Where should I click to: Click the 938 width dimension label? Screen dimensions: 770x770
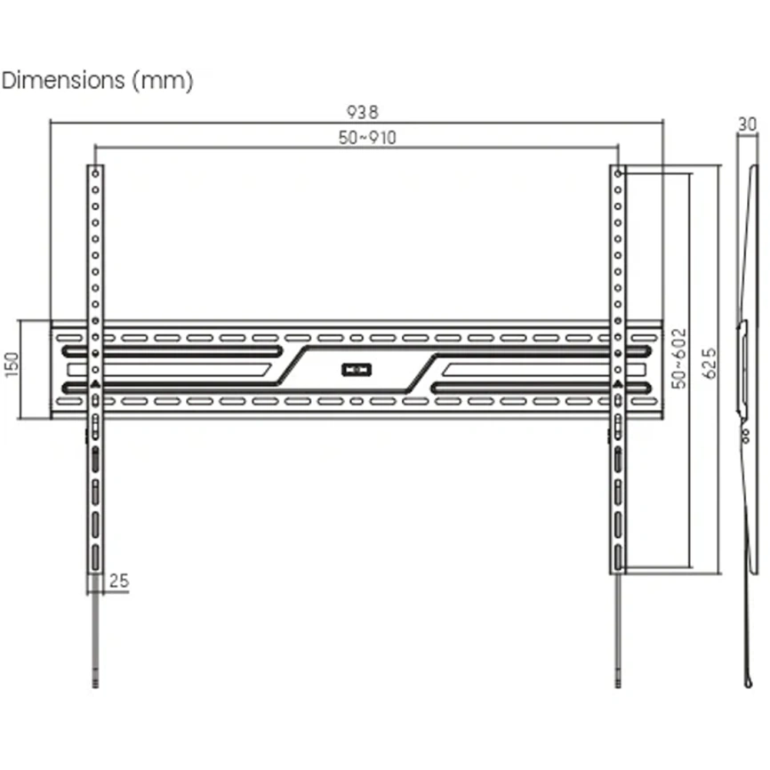click(x=363, y=112)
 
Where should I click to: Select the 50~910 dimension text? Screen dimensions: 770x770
click(x=367, y=138)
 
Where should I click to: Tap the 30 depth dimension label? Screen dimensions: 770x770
click(x=747, y=124)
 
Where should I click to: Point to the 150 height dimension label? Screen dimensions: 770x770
click(x=12, y=365)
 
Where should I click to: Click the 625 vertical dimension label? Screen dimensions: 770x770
click(x=710, y=364)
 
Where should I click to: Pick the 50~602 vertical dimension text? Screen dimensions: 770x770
click(x=679, y=359)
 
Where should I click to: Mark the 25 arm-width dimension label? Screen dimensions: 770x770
click(x=119, y=581)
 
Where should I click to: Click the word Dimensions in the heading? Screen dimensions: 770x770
click(x=63, y=80)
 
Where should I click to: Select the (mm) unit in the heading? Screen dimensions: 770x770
click(x=163, y=81)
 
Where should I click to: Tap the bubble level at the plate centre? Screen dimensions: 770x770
click(x=357, y=369)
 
